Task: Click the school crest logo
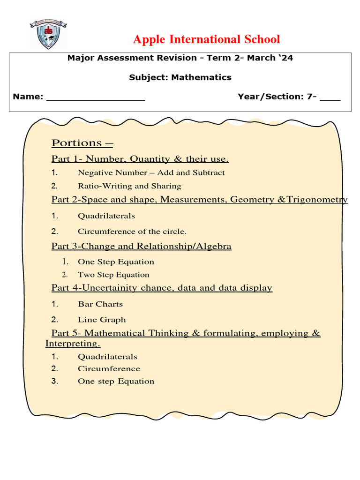[x=48, y=34]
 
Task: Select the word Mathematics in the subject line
[x=201, y=77]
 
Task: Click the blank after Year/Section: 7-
[x=330, y=97]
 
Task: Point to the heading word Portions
[x=77, y=143]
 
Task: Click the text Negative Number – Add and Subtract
[x=151, y=172]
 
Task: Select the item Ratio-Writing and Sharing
[x=129, y=186]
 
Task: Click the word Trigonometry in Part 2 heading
[x=317, y=200]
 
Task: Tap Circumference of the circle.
[x=132, y=231]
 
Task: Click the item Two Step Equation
[x=113, y=275]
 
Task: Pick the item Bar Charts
[x=100, y=304]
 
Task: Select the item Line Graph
[x=102, y=320]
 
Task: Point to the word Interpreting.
[x=72, y=344]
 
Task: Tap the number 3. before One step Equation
[x=55, y=381]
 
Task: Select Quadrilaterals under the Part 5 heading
[x=107, y=357]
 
